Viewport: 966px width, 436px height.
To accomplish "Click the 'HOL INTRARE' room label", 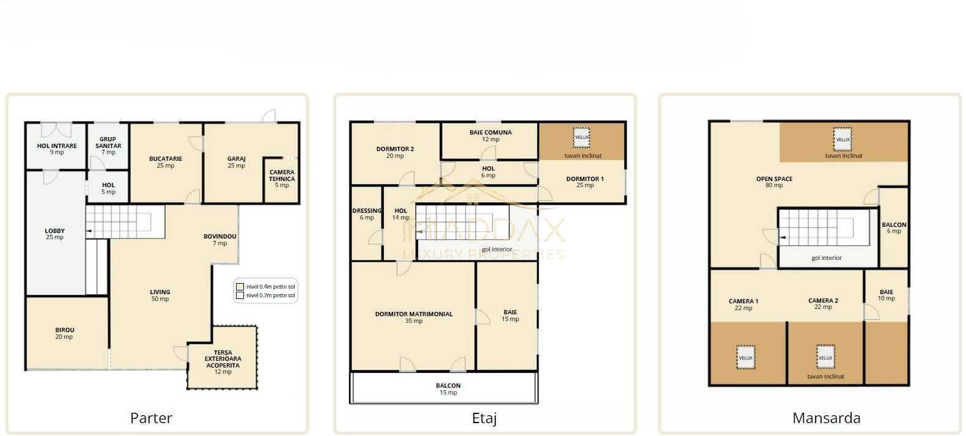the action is tap(57, 146).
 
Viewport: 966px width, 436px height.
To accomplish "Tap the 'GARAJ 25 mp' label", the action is tap(237, 162).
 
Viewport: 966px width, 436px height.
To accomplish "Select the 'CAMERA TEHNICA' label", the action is tap(282, 176).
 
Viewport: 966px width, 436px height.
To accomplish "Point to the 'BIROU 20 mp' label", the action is tap(64, 333).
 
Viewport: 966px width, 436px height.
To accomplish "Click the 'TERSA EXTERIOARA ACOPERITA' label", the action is tap(223, 359).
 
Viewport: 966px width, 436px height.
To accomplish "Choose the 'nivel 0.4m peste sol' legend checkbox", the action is tap(240, 287).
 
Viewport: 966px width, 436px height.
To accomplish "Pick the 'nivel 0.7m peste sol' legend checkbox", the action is tap(240, 295).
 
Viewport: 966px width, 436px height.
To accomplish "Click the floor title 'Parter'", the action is tap(151, 418).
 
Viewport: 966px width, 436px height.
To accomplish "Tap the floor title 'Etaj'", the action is tap(484, 418).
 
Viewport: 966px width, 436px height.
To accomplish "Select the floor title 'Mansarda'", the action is tap(826, 418).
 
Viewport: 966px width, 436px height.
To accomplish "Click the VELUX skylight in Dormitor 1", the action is tap(581, 138).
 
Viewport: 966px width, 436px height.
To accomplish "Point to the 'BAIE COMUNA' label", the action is tap(491, 133).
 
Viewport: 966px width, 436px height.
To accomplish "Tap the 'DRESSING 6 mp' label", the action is tap(367, 214).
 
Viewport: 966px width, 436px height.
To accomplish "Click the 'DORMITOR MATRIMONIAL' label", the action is tap(414, 314).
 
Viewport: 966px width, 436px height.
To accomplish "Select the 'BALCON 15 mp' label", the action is tap(448, 389).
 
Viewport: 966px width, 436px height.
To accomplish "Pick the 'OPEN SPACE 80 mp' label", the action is tap(774, 182).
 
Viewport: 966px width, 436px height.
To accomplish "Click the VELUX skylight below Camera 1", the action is tap(746, 358).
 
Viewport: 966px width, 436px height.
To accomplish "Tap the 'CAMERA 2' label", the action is tap(824, 301).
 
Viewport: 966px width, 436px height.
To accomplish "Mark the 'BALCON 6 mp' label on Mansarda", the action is tap(894, 227).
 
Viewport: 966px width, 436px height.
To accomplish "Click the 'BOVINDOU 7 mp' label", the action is tap(220, 240).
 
